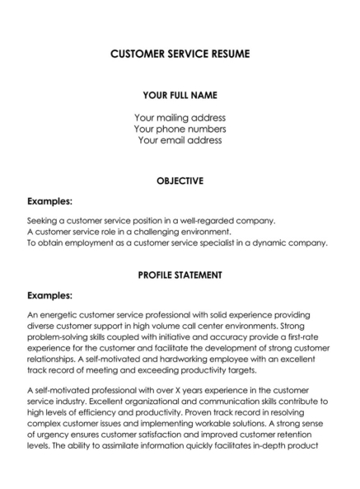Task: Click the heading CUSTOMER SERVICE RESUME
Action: (180, 54)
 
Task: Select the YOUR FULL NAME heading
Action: (180, 95)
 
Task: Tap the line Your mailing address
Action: (180, 117)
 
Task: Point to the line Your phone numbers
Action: (180, 129)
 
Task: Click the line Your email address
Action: (180, 140)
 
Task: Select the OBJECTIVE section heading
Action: (180, 181)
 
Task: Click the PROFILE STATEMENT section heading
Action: (180, 275)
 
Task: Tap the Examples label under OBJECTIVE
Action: (49, 200)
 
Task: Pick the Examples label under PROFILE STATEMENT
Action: (49, 294)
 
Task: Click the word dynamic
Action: (273, 243)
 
